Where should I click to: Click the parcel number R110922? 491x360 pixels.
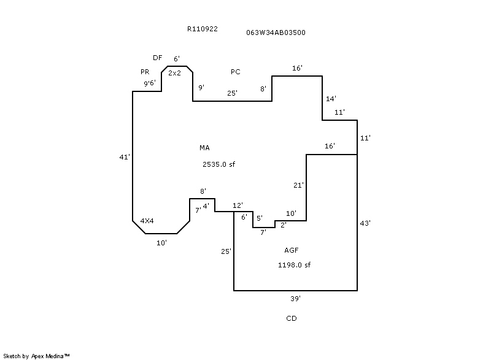[203, 29]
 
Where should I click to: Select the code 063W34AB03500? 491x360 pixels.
[276, 33]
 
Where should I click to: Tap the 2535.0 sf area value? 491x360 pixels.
[219, 164]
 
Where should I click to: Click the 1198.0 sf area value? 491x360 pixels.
[295, 265]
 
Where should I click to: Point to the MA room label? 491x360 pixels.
[204, 148]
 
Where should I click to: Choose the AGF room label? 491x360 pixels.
[292, 250]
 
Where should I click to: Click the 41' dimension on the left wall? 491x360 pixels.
[125, 158]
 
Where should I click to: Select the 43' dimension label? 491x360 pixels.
[365, 223]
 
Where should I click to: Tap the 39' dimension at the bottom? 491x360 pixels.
[295, 299]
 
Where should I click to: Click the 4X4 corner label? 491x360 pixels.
[147, 220]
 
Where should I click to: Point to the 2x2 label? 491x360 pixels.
[174, 73]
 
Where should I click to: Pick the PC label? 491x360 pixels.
[236, 72]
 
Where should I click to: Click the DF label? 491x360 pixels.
[158, 58]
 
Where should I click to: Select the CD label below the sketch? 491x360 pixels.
[292, 319]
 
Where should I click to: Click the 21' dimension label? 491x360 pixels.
[299, 185]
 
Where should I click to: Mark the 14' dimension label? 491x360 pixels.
[331, 99]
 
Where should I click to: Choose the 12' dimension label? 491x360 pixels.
[238, 205]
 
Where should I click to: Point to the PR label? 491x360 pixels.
[145, 72]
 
